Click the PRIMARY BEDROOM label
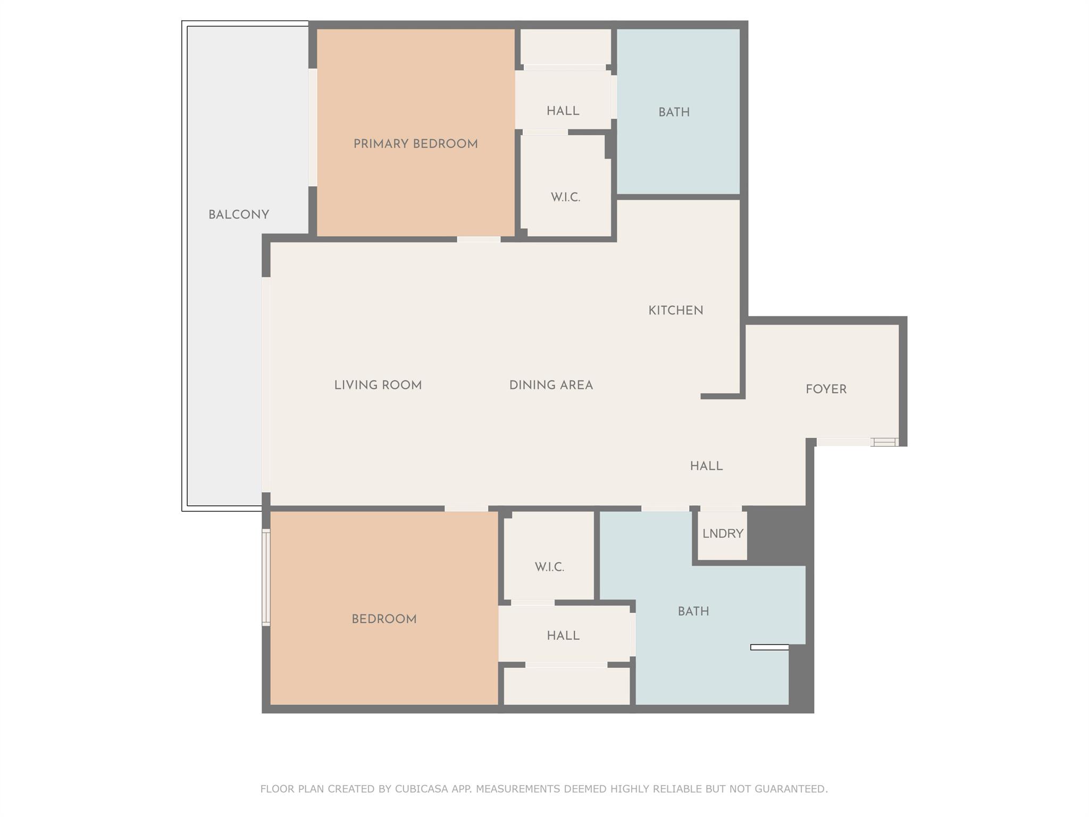click(x=415, y=144)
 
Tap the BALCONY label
click(x=238, y=214)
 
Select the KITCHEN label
click(x=675, y=310)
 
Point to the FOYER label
click(x=826, y=389)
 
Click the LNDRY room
click(x=722, y=533)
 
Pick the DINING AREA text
click(x=551, y=385)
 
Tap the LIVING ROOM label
click(x=378, y=385)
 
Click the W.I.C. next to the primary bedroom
click(x=565, y=197)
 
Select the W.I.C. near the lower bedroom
click(x=549, y=567)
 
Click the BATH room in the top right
click(x=674, y=112)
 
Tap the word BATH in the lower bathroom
click(x=693, y=611)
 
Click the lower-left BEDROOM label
click(x=384, y=619)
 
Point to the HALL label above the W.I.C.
click(x=563, y=111)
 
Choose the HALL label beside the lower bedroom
click(x=563, y=636)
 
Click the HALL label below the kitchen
click(x=706, y=466)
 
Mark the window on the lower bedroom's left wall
click(x=266, y=577)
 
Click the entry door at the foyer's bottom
click(x=856, y=441)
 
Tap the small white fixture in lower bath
click(x=769, y=647)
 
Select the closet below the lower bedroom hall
click(x=566, y=686)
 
